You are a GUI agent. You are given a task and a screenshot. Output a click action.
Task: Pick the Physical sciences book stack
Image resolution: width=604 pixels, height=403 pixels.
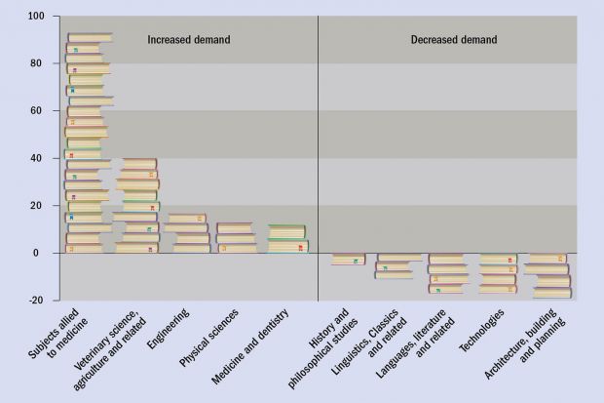pos(235,238)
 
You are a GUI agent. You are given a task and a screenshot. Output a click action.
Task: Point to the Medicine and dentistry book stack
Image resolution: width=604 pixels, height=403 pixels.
pos(287,239)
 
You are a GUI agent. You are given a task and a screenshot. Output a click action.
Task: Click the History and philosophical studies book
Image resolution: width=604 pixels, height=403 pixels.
pos(348,260)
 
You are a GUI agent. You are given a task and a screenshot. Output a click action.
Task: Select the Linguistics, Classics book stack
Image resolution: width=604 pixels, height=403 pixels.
pos(399,266)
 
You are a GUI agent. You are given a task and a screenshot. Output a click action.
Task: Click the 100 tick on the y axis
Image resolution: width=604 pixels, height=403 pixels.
pos(36,17)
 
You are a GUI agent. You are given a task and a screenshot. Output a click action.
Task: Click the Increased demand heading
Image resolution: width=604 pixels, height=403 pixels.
pos(189,40)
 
